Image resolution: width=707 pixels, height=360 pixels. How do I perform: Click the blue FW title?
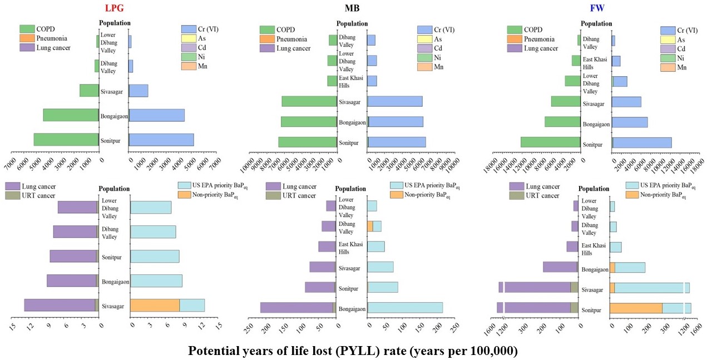597,8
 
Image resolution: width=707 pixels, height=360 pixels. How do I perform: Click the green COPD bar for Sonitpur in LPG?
66,140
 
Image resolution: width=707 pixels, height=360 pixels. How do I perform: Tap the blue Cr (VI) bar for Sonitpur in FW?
642,142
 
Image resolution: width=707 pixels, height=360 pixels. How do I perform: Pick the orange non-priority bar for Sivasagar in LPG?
155,305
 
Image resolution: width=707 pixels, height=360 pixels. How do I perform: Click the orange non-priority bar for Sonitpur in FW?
636,308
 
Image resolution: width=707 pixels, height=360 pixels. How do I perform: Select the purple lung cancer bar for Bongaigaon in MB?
296,308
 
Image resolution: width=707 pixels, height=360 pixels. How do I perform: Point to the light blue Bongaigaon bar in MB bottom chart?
405,308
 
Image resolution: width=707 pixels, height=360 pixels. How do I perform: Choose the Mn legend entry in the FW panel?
681,67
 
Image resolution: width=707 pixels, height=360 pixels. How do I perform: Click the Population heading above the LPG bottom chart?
114,189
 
